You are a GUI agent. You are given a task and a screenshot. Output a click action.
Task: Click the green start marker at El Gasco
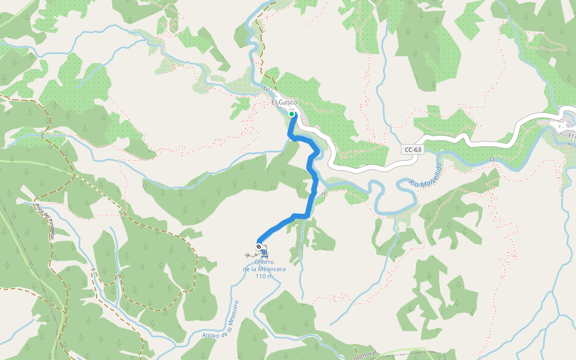pyautogui.click(x=292, y=114)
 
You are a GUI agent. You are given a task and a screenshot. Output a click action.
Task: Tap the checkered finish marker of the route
pyautogui.click(x=259, y=247)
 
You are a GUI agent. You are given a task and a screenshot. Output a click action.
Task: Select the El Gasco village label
pyautogui.click(x=284, y=103)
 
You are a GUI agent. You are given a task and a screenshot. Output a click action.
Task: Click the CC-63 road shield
pyautogui.click(x=413, y=149)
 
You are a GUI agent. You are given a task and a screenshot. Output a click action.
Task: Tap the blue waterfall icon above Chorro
pyautogui.click(x=265, y=253)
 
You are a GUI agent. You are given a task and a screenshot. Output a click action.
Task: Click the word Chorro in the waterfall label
pyautogui.click(x=264, y=262)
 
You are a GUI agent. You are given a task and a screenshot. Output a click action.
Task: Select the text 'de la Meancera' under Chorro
pyautogui.click(x=264, y=269)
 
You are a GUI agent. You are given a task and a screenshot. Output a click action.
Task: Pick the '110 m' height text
pyautogui.click(x=264, y=277)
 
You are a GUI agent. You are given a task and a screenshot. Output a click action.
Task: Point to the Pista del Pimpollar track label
pyautogui.click(x=44, y=221)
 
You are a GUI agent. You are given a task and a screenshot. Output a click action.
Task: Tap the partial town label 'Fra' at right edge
pyautogui.click(x=572, y=136)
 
